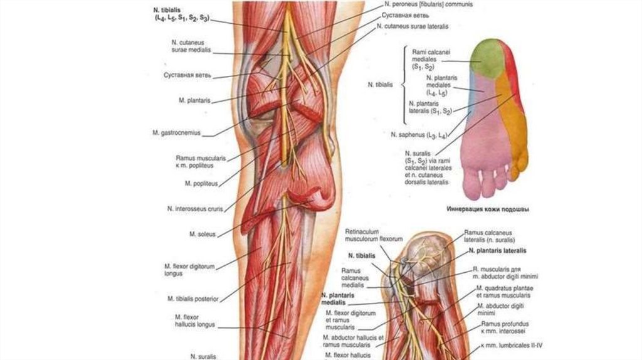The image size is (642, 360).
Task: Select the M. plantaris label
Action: pos(194,100)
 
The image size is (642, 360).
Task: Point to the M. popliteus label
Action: pos(201,183)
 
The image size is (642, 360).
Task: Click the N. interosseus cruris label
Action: pos(195,209)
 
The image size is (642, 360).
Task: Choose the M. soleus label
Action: pos(203,234)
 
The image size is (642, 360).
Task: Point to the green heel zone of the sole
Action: pos(488,58)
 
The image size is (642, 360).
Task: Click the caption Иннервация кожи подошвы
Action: pos(487,209)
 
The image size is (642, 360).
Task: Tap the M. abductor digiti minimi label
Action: pos(495,309)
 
